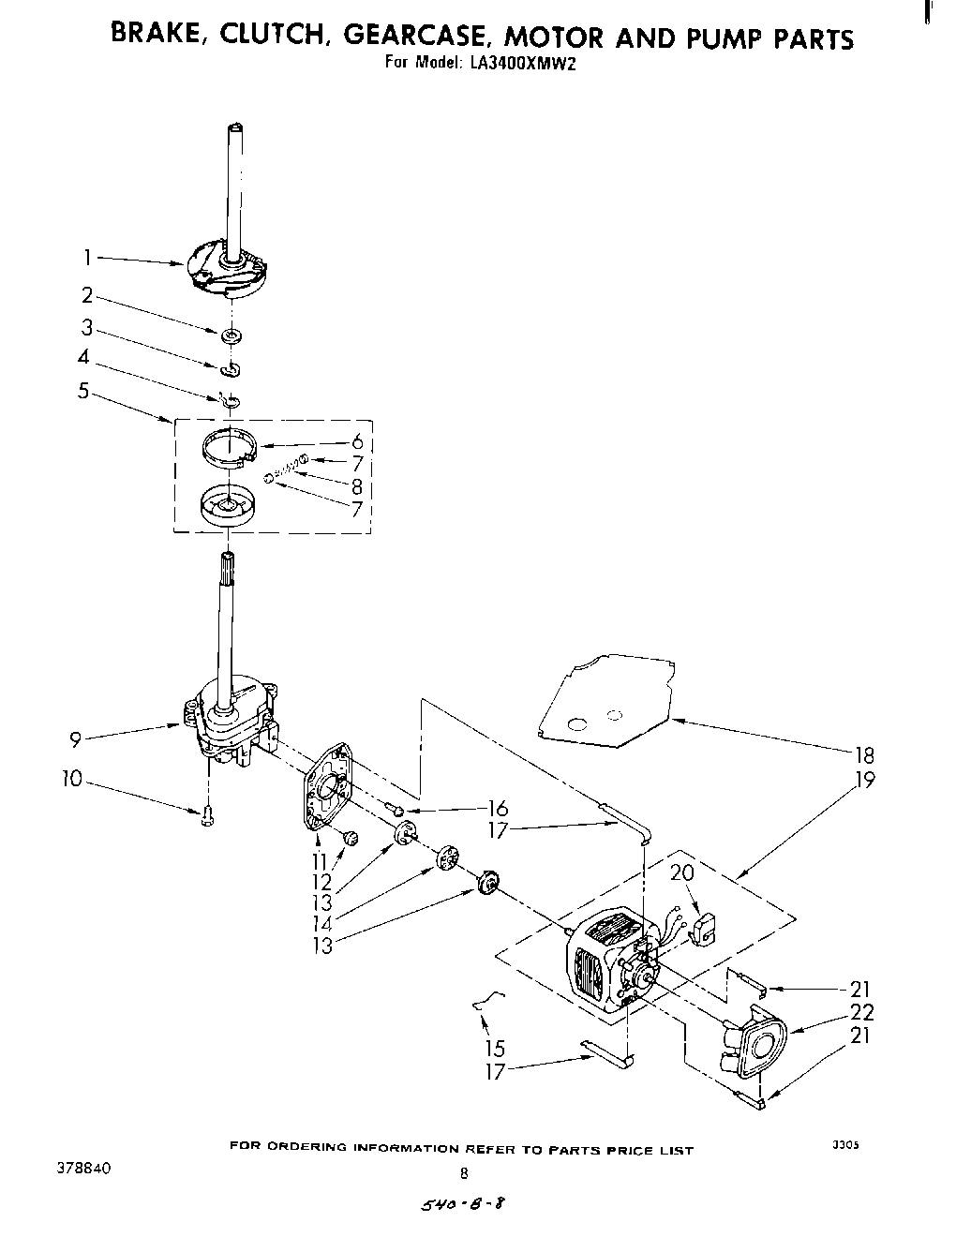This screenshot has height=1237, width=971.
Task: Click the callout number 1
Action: (x=87, y=257)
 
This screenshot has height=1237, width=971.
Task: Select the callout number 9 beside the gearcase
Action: (x=74, y=739)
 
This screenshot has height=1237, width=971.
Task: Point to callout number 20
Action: (x=682, y=873)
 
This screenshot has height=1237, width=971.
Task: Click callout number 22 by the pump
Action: (x=862, y=1012)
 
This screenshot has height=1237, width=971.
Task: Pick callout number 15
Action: (x=495, y=1048)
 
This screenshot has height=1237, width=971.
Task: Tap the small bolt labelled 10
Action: (x=207, y=816)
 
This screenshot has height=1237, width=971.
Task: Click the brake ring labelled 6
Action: (x=231, y=444)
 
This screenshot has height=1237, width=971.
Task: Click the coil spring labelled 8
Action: (x=287, y=466)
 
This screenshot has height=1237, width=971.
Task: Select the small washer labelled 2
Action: (x=231, y=335)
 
